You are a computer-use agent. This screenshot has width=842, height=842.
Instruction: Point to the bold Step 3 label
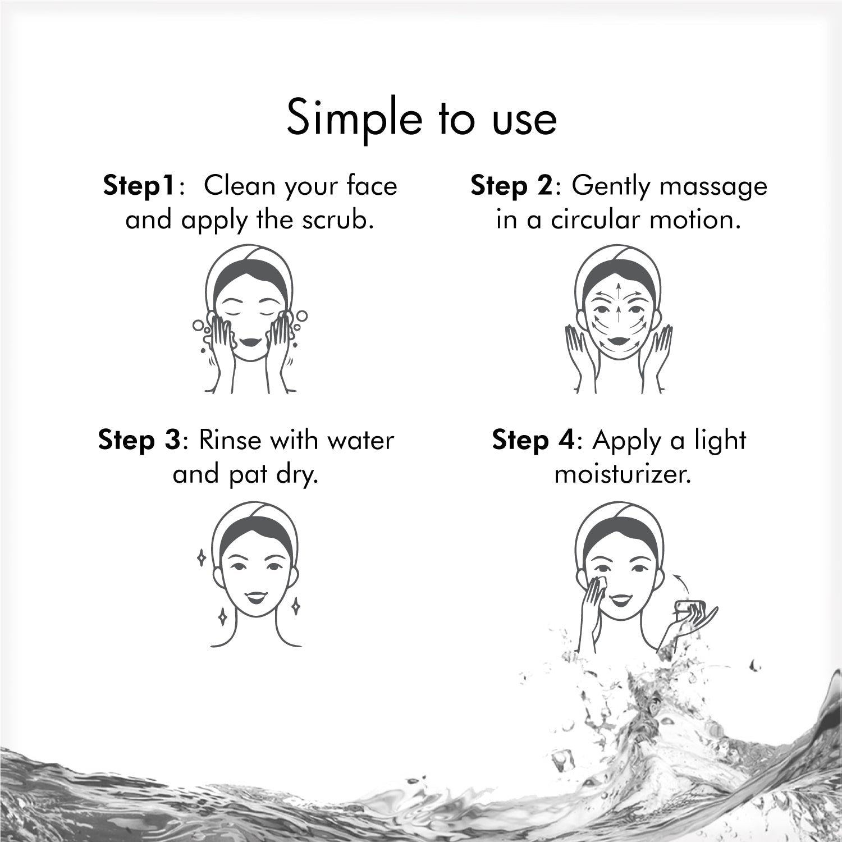click(139, 441)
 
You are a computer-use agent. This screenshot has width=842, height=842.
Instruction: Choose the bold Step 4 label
click(533, 441)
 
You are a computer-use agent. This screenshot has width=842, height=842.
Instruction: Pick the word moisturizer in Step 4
click(621, 475)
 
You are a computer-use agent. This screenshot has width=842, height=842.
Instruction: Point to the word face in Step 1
click(372, 186)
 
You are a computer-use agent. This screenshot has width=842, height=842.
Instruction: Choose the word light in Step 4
click(720, 441)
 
